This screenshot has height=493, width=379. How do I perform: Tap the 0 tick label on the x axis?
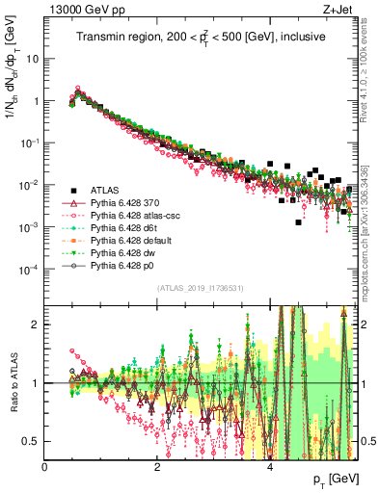tap(45, 467)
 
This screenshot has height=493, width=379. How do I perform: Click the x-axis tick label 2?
tap(158, 467)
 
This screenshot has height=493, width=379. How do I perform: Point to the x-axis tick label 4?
tap(271, 467)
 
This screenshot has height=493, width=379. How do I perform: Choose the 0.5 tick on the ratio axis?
tap(32, 441)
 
